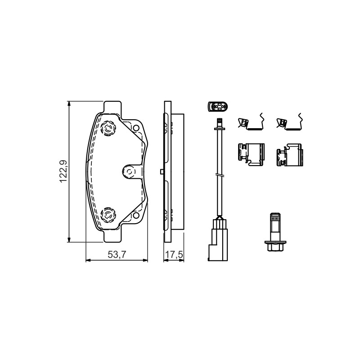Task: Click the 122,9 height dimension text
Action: coord(63,171)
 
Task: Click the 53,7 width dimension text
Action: coord(117,254)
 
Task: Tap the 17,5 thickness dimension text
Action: coord(174,254)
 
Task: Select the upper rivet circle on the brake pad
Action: coord(108,128)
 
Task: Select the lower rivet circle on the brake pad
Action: coord(108,215)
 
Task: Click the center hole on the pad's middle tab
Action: coord(129,171)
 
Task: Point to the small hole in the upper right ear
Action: coord(136,128)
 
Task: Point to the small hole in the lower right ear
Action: coord(136,216)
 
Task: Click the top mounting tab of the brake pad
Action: coord(112,107)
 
